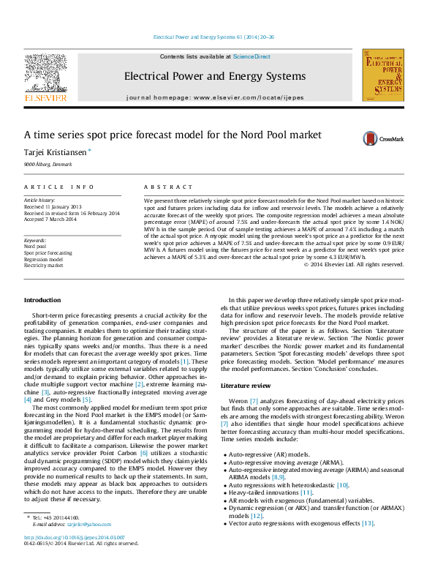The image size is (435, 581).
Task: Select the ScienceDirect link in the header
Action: click(x=251, y=56)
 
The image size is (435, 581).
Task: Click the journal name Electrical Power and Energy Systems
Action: click(x=214, y=76)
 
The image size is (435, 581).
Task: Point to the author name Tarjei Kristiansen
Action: click(x=55, y=152)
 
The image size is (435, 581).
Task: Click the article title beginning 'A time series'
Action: click(x=173, y=135)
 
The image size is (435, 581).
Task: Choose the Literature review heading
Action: click(x=246, y=384)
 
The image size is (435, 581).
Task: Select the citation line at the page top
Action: click(x=213, y=36)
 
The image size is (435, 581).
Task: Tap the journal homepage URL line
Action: click(x=214, y=97)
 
